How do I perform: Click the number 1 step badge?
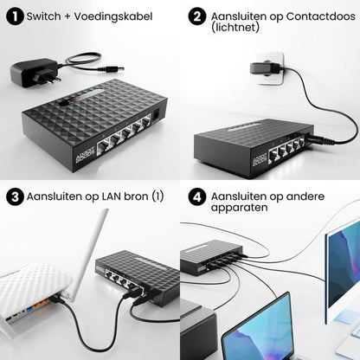pos(14,16)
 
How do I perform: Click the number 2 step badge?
pos(197,16)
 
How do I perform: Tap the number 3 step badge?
pos(14,196)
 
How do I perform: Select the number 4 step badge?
pos(197,196)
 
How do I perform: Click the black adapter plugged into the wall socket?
pos(265,67)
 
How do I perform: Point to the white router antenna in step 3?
pos(94,251)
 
